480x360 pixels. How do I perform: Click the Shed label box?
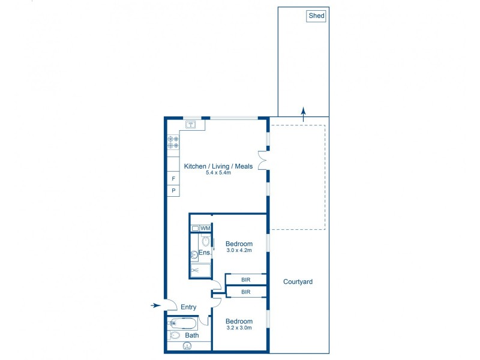(316, 16)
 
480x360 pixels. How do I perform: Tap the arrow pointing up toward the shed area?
(304, 112)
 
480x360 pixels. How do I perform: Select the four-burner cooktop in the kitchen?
(173, 142)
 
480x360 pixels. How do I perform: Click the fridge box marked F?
(173, 179)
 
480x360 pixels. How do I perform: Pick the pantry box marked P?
(173, 191)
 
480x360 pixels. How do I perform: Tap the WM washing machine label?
(205, 229)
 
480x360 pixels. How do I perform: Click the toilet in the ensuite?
(205, 242)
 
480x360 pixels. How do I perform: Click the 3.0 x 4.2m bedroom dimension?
(238, 251)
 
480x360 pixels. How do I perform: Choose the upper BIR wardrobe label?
(246, 280)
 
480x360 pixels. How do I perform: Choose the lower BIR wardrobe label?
(246, 292)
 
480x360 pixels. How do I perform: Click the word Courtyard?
(298, 281)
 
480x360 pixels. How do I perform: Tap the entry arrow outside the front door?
(155, 305)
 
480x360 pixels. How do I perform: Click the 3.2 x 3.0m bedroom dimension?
(238, 328)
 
